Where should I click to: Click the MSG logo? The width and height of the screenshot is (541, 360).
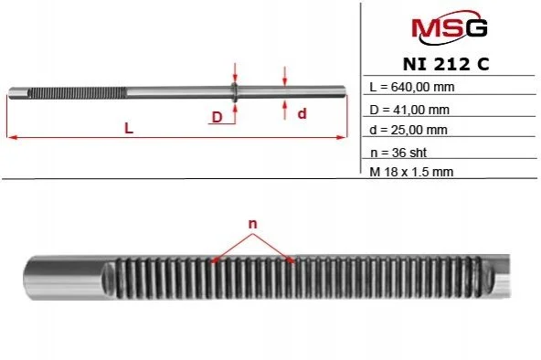point(450,27)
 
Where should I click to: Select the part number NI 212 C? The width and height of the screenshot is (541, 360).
point(446,64)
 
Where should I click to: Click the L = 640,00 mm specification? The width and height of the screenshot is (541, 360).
point(412,87)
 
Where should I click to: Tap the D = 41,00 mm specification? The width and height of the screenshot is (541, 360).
point(409,110)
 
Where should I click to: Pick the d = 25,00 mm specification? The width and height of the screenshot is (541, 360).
point(408,130)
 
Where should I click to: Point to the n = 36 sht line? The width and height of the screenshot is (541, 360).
point(398,153)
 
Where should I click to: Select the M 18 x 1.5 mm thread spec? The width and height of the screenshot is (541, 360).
point(411,172)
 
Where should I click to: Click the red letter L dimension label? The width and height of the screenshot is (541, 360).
point(129,128)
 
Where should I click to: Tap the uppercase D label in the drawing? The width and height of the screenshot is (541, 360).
point(217,117)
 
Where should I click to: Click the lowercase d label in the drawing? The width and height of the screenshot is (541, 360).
point(302,113)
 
